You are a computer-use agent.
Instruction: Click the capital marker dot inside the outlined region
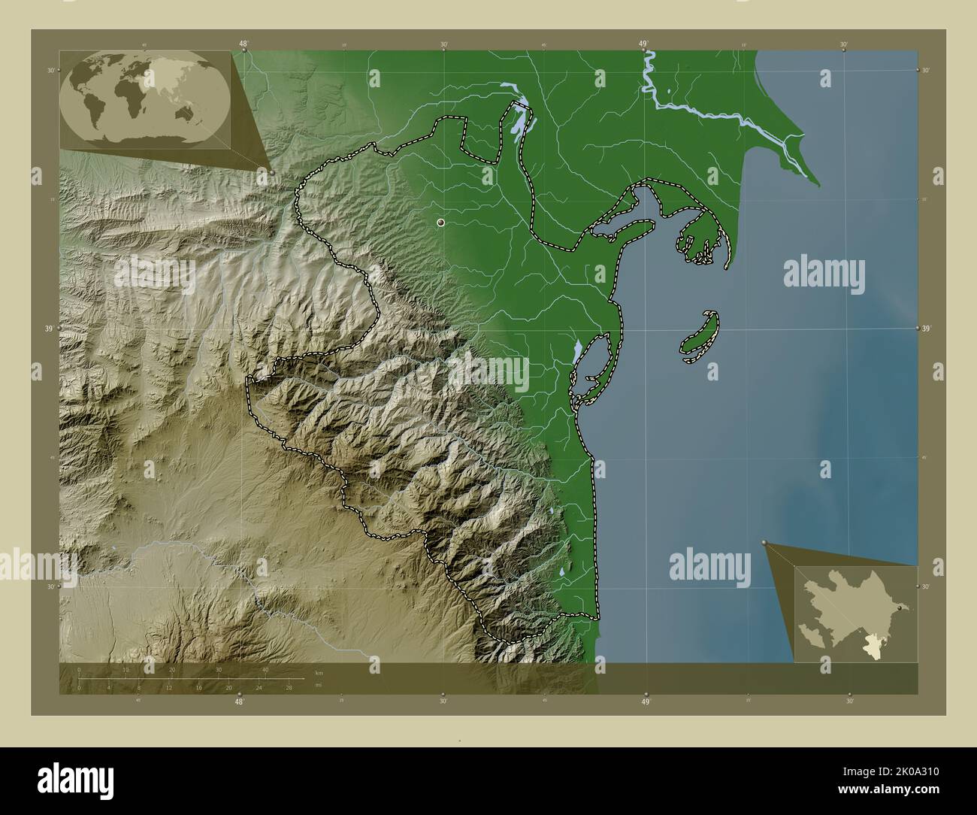point(440,223)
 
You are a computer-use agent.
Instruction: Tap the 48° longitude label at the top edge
point(243,44)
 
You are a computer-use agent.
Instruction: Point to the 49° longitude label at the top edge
point(644,44)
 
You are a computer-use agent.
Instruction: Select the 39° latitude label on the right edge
point(926,329)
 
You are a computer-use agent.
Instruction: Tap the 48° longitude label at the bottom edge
point(239,701)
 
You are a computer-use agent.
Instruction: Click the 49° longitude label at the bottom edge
point(645,701)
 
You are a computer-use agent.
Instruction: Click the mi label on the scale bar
point(319,685)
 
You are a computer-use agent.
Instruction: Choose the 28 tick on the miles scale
point(288,687)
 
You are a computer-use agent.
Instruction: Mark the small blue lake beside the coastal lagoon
point(576,351)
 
